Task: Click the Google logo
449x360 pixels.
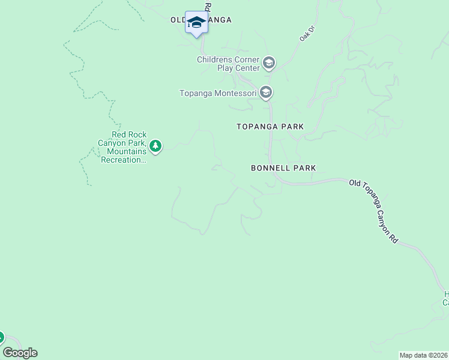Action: [20, 353]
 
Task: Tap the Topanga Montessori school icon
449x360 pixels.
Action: [267, 93]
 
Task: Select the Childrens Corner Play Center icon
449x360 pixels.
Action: [268, 62]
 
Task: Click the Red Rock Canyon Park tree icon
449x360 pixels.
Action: [155, 146]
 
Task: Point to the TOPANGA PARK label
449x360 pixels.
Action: [270, 127]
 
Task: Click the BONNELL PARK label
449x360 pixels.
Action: [283, 169]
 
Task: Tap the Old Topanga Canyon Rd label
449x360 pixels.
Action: [375, 210]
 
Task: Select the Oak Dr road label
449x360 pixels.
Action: [307, 34]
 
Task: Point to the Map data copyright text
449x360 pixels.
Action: [424, 355]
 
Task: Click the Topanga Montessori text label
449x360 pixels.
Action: [218, 93]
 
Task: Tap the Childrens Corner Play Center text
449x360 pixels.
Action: [228, 64]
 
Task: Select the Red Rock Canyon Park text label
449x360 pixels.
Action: [122, 148]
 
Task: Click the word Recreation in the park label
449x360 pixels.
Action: [124, 160]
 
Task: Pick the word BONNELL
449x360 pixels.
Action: [271, 169]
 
